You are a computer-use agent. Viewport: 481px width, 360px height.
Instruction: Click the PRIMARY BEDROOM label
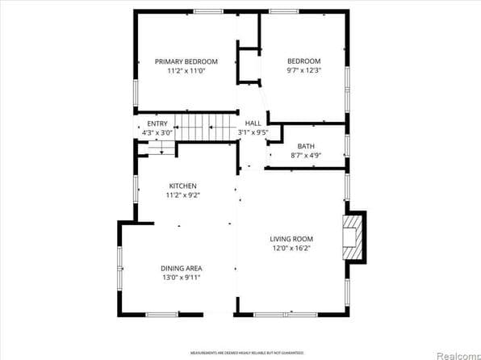point(186,61)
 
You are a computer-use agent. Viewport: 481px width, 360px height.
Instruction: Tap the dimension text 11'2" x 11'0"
point(186,71)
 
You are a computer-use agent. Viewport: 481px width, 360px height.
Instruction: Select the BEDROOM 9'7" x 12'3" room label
point(304,61)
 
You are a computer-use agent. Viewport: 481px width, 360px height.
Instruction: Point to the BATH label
point(306,146)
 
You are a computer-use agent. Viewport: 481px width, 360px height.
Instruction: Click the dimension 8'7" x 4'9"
point(306,155)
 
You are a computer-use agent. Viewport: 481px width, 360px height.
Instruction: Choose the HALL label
point(253,123)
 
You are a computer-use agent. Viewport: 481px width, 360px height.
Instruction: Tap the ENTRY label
point(157,123)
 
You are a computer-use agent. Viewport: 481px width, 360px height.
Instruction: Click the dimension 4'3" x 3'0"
point(157,132)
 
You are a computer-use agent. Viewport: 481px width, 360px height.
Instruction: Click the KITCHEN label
point(183,186)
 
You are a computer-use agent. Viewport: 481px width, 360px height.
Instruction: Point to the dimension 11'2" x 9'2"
point(183,195)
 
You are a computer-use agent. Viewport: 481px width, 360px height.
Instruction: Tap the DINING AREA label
point(182,268)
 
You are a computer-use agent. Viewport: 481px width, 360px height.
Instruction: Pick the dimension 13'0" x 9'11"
point(182,278)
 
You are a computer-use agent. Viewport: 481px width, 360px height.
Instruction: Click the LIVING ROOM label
point(291,239)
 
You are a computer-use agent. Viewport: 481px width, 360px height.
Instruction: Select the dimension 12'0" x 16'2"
point(291,249)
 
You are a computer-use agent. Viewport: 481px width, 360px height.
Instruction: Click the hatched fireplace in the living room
point(353,237)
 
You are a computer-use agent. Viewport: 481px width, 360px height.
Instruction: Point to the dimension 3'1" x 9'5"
point(253,132)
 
